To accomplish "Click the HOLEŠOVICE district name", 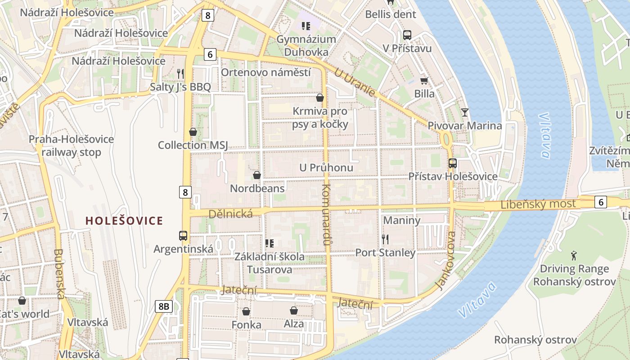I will point(124,220).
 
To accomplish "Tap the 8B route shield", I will point(163,306).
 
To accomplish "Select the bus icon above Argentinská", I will point(183,235).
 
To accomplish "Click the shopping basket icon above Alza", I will point(294,310).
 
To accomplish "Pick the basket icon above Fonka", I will point(246,311).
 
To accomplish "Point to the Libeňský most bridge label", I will point(538,204).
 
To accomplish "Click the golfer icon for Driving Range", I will point(574,256).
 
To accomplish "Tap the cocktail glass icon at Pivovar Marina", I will point(465,112).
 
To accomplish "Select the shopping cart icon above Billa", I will point(424,81).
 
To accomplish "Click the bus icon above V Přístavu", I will point(407,35).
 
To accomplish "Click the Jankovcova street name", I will point(446,261).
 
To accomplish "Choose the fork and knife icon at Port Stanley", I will point(385,239).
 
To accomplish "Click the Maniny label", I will point(401,220).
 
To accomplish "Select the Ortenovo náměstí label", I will point(266,72).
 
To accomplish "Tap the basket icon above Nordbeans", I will point(257,175).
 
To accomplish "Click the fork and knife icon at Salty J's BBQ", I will point(180,73).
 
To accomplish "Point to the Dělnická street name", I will point(231,214).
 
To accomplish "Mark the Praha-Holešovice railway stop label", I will point(72,146).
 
